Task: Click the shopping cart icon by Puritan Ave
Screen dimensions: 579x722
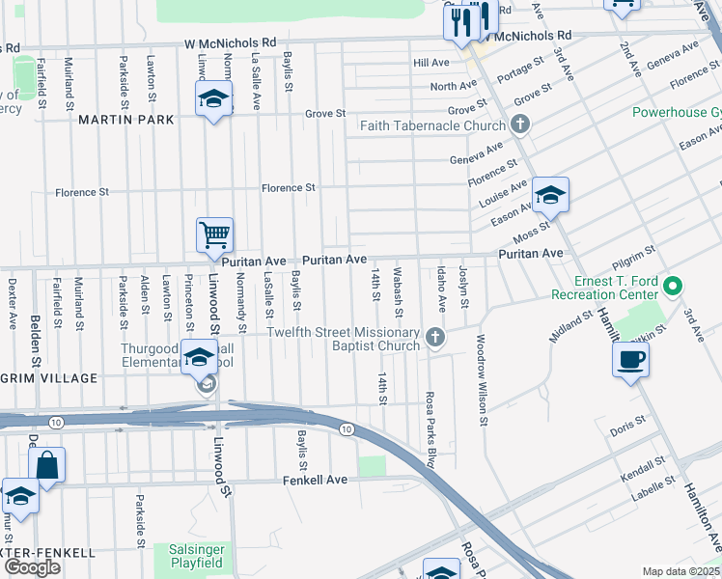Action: (x=214, y=234)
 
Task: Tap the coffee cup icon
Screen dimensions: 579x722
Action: (x=630, y=359)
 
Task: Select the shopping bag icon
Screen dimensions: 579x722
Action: (x=47, y=464)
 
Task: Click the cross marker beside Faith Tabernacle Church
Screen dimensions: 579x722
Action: (x=520, y=124)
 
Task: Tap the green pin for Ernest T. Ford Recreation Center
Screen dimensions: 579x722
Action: (x=675, y=288)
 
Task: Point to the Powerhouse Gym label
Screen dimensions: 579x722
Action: (x=676, y=112)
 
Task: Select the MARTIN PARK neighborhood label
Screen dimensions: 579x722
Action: (x=126, y=120)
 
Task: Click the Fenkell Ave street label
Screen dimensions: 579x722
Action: (x=315, y=480)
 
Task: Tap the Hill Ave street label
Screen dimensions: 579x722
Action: (x=431, y=63)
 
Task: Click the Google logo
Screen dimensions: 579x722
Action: (x=33, y=567)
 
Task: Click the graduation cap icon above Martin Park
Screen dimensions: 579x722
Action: (x=213, y=98)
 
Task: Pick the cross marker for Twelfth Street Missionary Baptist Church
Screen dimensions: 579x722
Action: (x=436, y=338)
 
